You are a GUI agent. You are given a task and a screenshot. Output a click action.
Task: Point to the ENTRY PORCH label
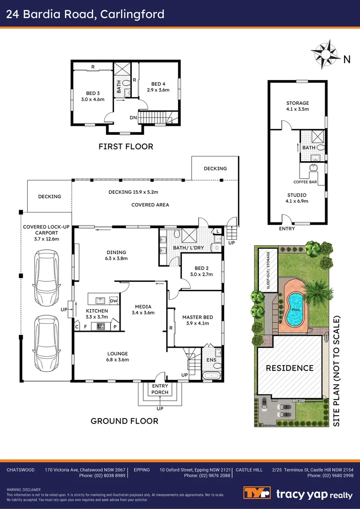[x=160, y=389]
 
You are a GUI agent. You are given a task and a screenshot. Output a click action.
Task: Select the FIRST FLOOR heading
[x=126, y=147]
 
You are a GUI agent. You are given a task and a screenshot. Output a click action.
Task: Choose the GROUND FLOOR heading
[x=124, y=421]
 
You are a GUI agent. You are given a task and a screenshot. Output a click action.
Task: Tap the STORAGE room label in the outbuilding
[x=297, y=103]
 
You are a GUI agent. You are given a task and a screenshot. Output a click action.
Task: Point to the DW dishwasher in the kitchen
[x=113, y=300]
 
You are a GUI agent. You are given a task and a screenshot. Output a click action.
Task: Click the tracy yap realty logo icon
[x=257, y=493]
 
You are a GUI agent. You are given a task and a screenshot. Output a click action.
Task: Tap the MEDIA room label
[x=143, y=306]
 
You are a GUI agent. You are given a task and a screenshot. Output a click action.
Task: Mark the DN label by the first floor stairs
[x=133, y=118]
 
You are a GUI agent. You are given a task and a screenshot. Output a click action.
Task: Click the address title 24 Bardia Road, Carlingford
[x=85, y=14]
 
